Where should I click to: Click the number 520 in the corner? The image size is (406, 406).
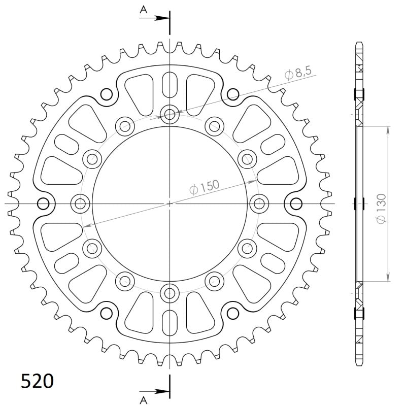tap(37, 381)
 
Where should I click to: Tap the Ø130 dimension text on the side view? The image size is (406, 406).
tap(382, 208)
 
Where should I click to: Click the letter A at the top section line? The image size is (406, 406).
tap(144, 9)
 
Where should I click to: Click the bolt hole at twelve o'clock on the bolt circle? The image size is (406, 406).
tap(170, 114)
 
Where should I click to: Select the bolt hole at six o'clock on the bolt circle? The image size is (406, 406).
tap(170, 292)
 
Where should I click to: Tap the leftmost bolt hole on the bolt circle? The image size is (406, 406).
tap(80, 204)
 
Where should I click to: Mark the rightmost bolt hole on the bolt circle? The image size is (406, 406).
tap(259, 204)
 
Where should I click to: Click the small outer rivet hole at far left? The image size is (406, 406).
tap(43, 204)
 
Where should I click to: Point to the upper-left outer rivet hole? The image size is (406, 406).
tap(107, 94)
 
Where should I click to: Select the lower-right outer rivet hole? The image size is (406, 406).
tap(233, 313)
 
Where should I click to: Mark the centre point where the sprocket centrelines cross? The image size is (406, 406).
tap(170, 204)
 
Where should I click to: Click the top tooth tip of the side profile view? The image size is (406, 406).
tap(359, 43)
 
